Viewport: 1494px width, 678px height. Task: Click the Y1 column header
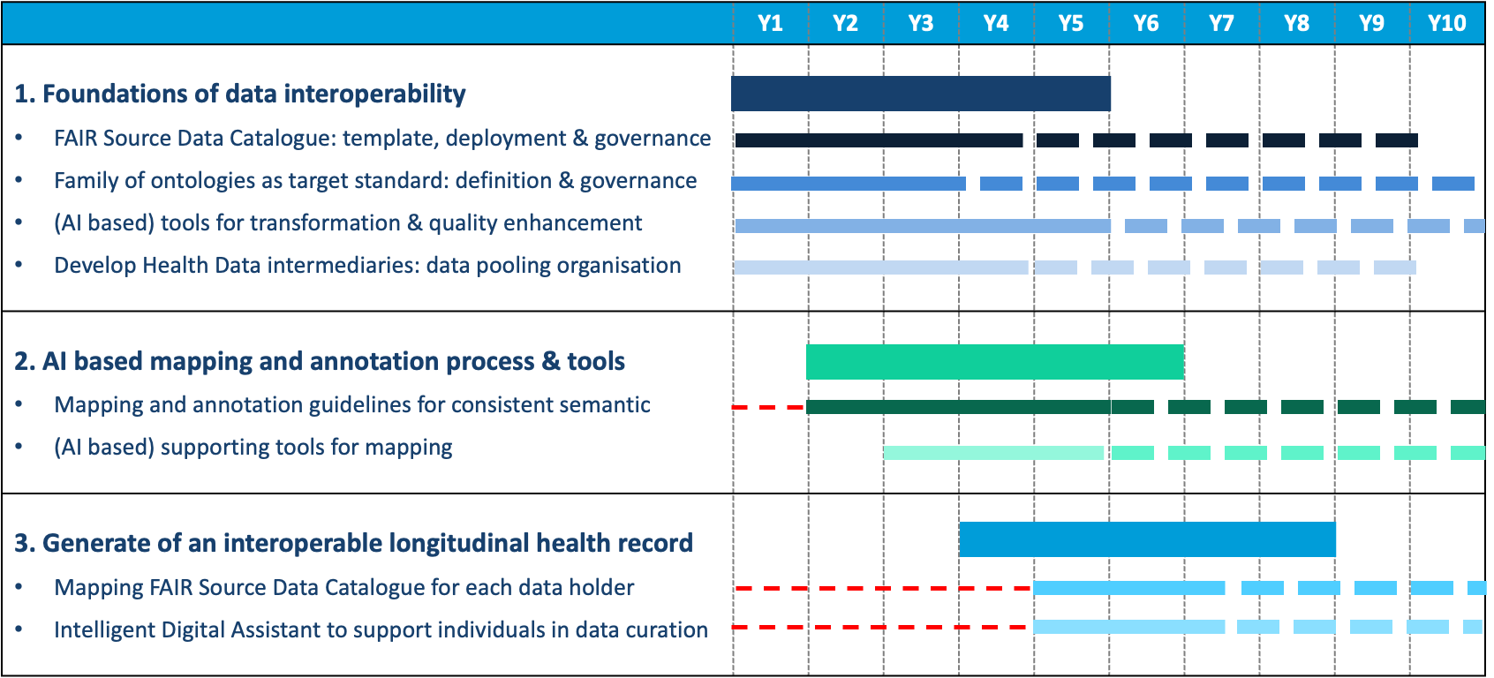pos(770,23)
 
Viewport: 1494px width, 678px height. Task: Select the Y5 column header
pos(1071,23)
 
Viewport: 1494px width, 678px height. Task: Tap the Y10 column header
pos(1446,23)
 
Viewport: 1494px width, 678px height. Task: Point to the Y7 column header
pos(1221,23)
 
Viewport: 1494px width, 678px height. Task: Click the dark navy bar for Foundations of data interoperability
pos(920,94)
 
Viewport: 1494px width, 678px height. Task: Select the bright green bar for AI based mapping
pos(994,362)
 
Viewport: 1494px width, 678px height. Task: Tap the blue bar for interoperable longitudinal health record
pos(1147,539)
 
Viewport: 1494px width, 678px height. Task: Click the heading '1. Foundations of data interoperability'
pos(240,94)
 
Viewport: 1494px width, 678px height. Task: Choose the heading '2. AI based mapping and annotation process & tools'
pos(320,361)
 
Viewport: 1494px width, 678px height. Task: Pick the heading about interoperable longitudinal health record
pos(353,542)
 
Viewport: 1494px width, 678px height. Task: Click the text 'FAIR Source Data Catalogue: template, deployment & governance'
pos(382,139)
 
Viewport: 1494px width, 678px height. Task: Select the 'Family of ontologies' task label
pos(375,181)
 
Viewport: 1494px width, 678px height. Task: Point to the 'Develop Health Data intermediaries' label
pos(367,266)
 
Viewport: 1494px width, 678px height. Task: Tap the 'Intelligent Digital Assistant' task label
pos(381,629)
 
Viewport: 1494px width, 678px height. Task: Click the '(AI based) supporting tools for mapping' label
pos(253,448)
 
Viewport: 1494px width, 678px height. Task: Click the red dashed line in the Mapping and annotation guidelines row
pos(768,407)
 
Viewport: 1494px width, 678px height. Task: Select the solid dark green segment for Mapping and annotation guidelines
pos(958,407)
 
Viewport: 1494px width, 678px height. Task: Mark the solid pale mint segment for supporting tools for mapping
pos(993,453)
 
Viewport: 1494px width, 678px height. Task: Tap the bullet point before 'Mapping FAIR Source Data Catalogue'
pos(19,588)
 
